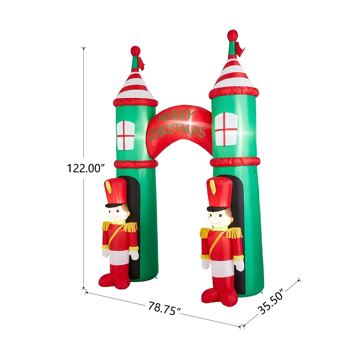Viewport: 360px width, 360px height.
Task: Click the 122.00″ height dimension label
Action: pyautogui.click(x=85, y=168)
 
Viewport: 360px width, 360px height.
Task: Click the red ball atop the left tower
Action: pyautogui.click(x=135, y=50)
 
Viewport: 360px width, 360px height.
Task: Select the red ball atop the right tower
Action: pyautogui.click(x=232, y=35)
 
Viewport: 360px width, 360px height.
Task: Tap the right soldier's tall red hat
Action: pyautogui.click(x=219, y=192)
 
